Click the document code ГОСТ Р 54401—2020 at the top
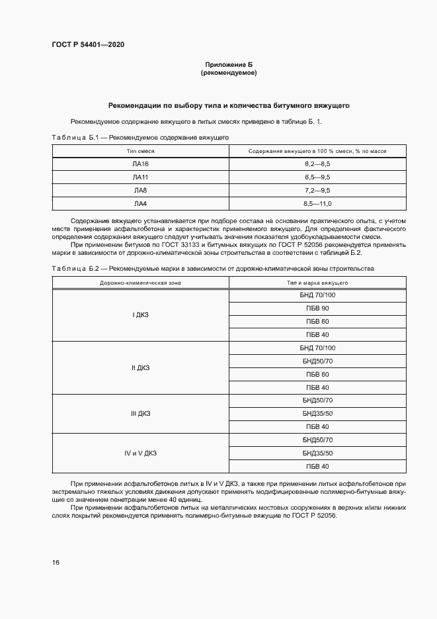(x=88, y=44)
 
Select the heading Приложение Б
(x=228, y=64)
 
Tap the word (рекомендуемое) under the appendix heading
(x=228, y=73)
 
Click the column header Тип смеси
(x=140, y=152)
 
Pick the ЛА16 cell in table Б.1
(x=140, y=164)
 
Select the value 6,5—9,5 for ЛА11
(x=317, y=177)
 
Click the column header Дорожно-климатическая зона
(x=140, y=283)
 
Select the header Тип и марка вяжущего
(x=317, y=283)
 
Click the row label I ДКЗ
(x=140, y=315)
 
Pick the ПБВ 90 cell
(x=317, y=309)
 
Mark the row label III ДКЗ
(x=140, y=414)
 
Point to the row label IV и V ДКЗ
(x=140, y=453)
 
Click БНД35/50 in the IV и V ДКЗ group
(x=317, y=453)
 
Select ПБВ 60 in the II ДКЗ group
(x=317, y=374)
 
